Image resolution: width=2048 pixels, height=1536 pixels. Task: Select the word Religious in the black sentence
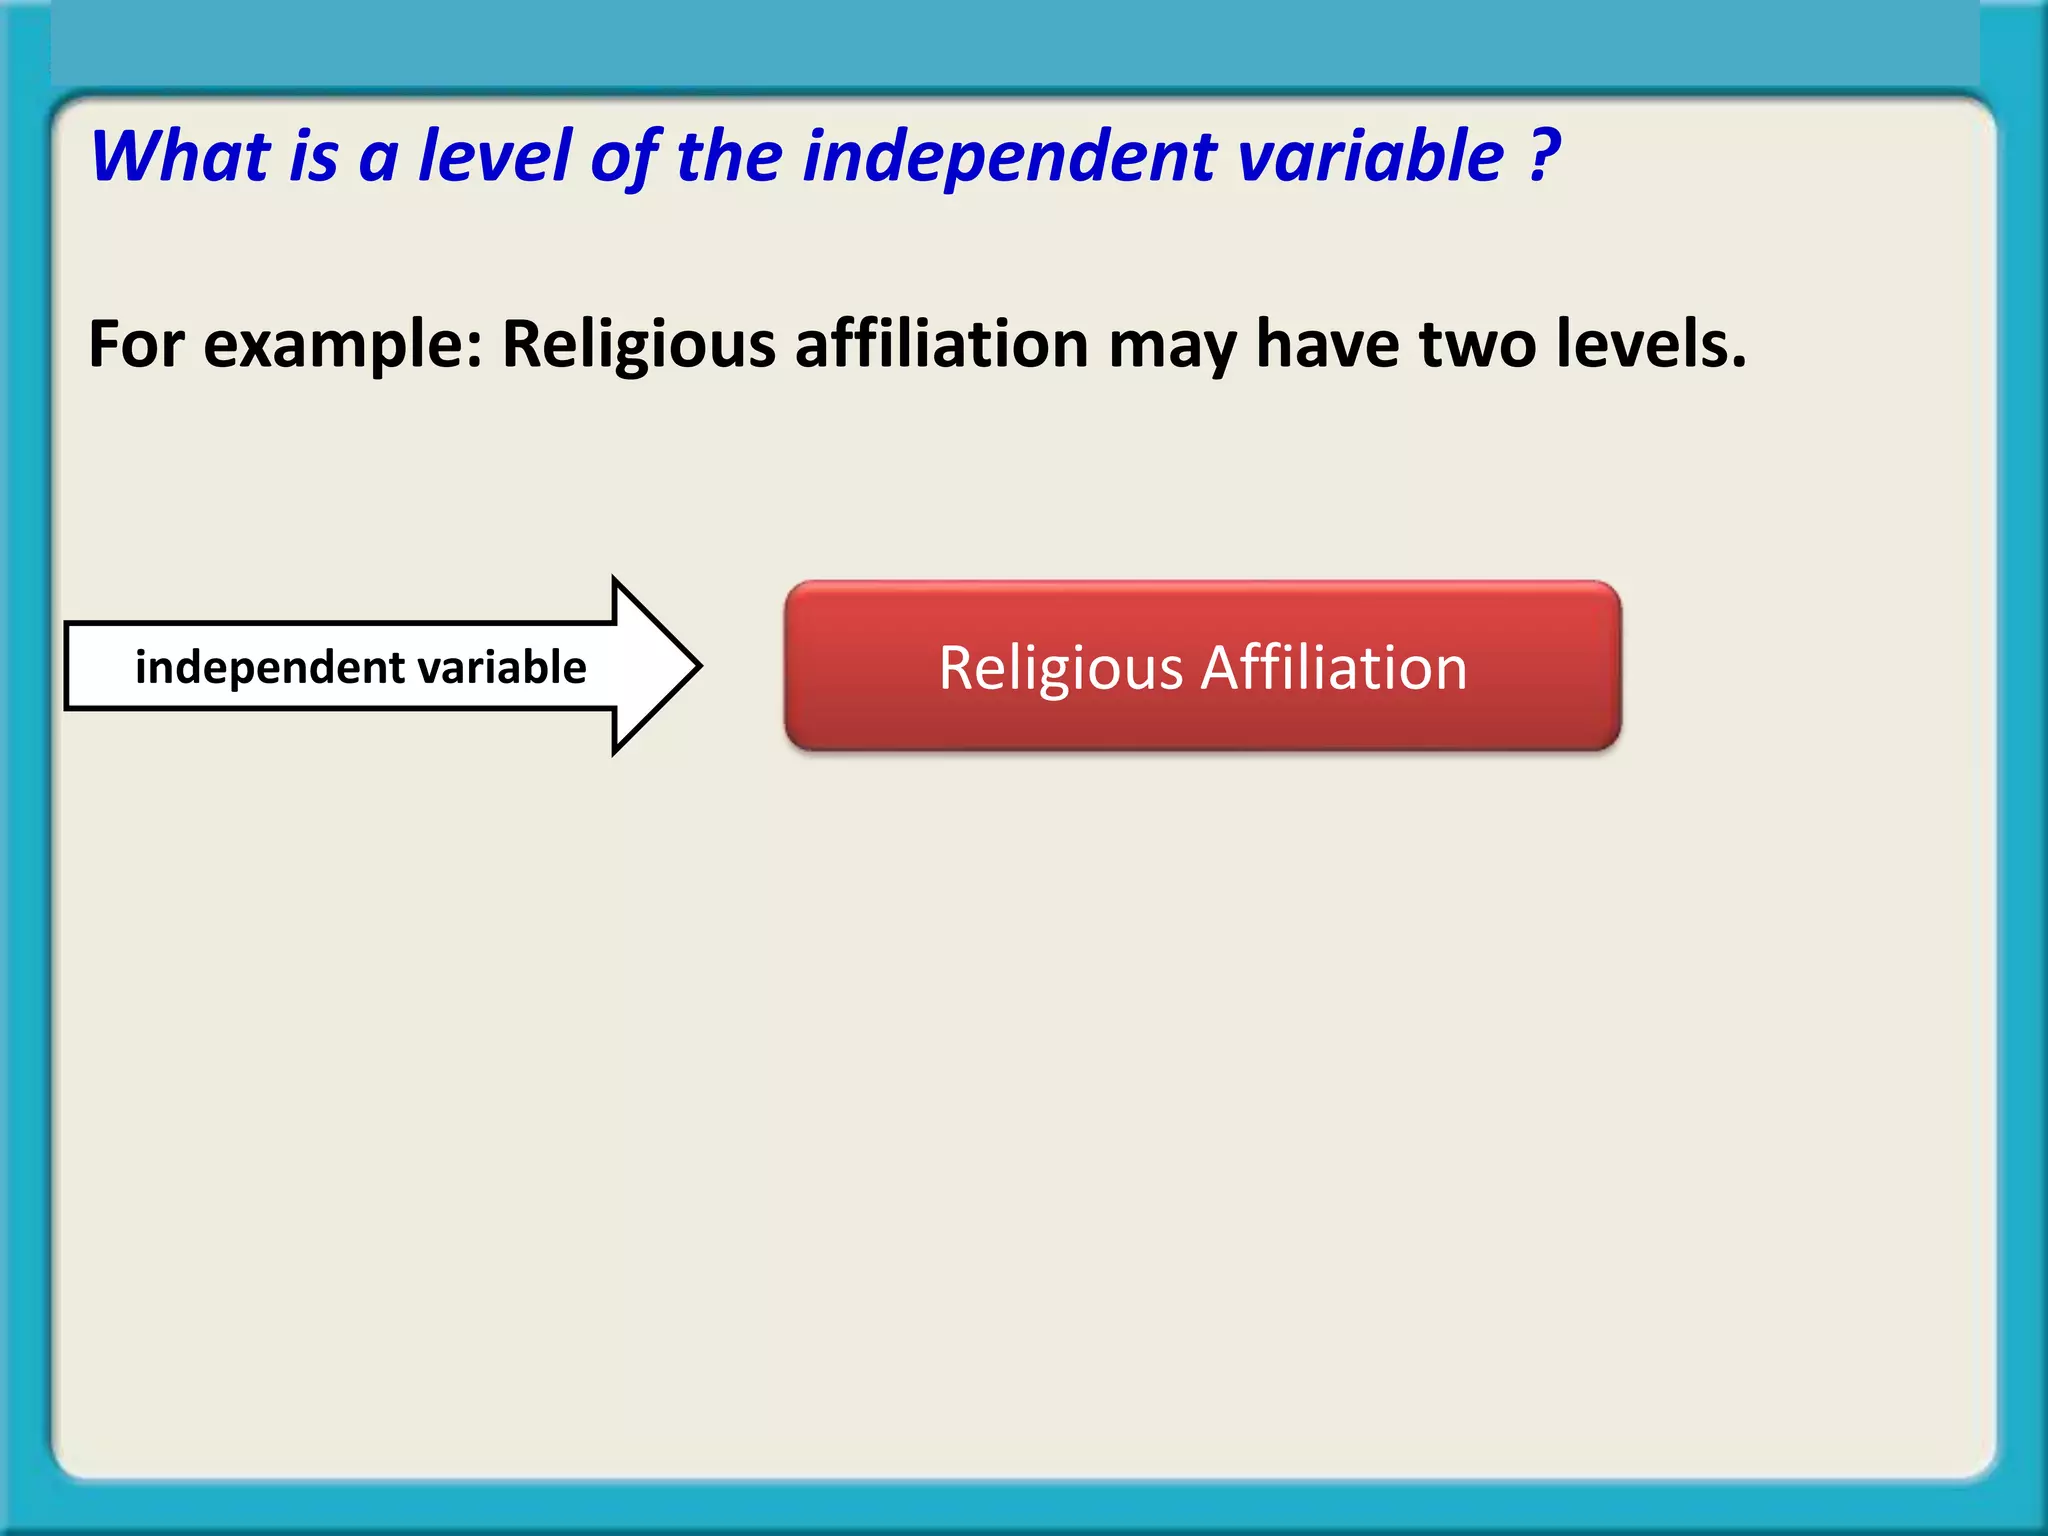pyautogui.click(x=638, y=345)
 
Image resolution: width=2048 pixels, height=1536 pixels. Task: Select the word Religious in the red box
pyautogui.click(x=1061, y=669)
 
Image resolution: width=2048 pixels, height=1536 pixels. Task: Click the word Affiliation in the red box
pyautogui.click(x=1334, y=668)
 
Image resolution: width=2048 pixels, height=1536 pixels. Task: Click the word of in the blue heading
pyautogui.click(x=623, y=157)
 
